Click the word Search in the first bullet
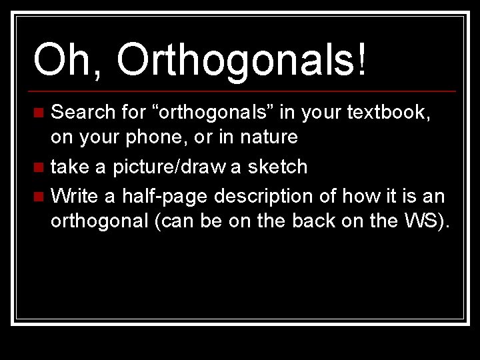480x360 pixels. [83, 112]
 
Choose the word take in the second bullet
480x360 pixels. [71, 167]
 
